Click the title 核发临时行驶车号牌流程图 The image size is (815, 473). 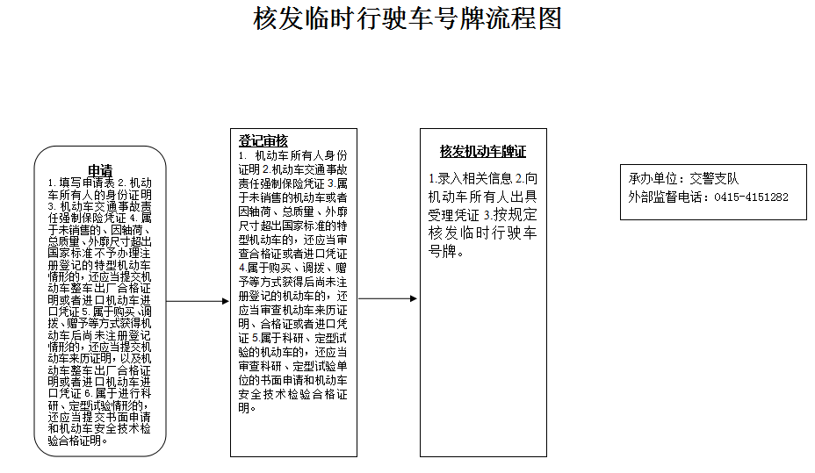(407, 18)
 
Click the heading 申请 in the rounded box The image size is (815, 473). (99, 170)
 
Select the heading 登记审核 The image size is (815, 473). (263, 141)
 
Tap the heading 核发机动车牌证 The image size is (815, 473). (483, 151)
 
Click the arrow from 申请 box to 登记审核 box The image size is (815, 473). (198, 302)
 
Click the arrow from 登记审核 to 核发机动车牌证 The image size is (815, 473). (388, 298)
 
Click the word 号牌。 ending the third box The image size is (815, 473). (447, 252)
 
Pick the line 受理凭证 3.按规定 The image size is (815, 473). (482, 215)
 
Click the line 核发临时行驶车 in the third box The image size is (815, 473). (482, 233)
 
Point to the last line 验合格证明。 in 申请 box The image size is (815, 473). (78, 441)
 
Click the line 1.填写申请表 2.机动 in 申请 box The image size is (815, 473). (99, 183)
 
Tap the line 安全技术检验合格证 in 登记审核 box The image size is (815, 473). (293, 394)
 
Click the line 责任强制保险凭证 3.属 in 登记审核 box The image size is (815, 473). (293, 183)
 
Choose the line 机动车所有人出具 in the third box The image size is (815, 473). (482, 197)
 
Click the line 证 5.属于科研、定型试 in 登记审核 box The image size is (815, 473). (293, 338)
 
